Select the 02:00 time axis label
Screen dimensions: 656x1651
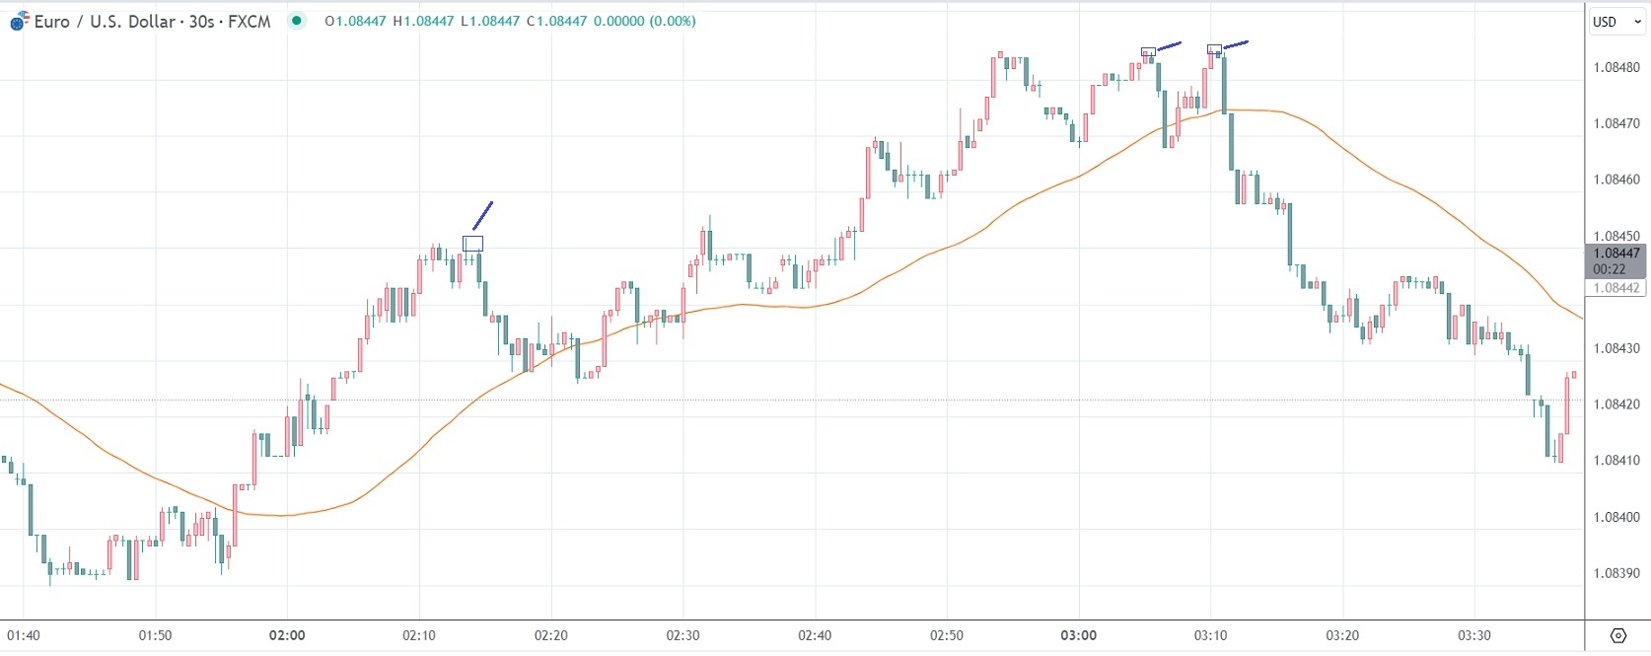click(x=287, y=635)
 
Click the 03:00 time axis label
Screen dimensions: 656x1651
click(x=1078, y=635)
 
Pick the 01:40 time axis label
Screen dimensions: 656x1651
click(x=24, y=635)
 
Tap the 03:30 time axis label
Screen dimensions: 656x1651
click(x=1473, y=635)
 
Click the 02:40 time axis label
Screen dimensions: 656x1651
click(x=815, y=635)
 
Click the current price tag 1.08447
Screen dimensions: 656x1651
click(x=1616, y=254)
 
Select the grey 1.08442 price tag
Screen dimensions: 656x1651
click(x=1616, y=288)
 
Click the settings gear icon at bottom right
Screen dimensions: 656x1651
click(x=1617, y=635)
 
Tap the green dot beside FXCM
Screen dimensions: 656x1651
click(x=296, y=21)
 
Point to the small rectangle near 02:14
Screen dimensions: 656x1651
click(x=473, y=244)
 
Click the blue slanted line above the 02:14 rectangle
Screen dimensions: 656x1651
click(x=482, y=215)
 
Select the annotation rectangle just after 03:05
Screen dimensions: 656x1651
click(x=1148, y=52)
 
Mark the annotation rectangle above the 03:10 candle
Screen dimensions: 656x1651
click(x=1214, y=49)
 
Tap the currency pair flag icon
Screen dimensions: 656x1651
click(x=19, y=22)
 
